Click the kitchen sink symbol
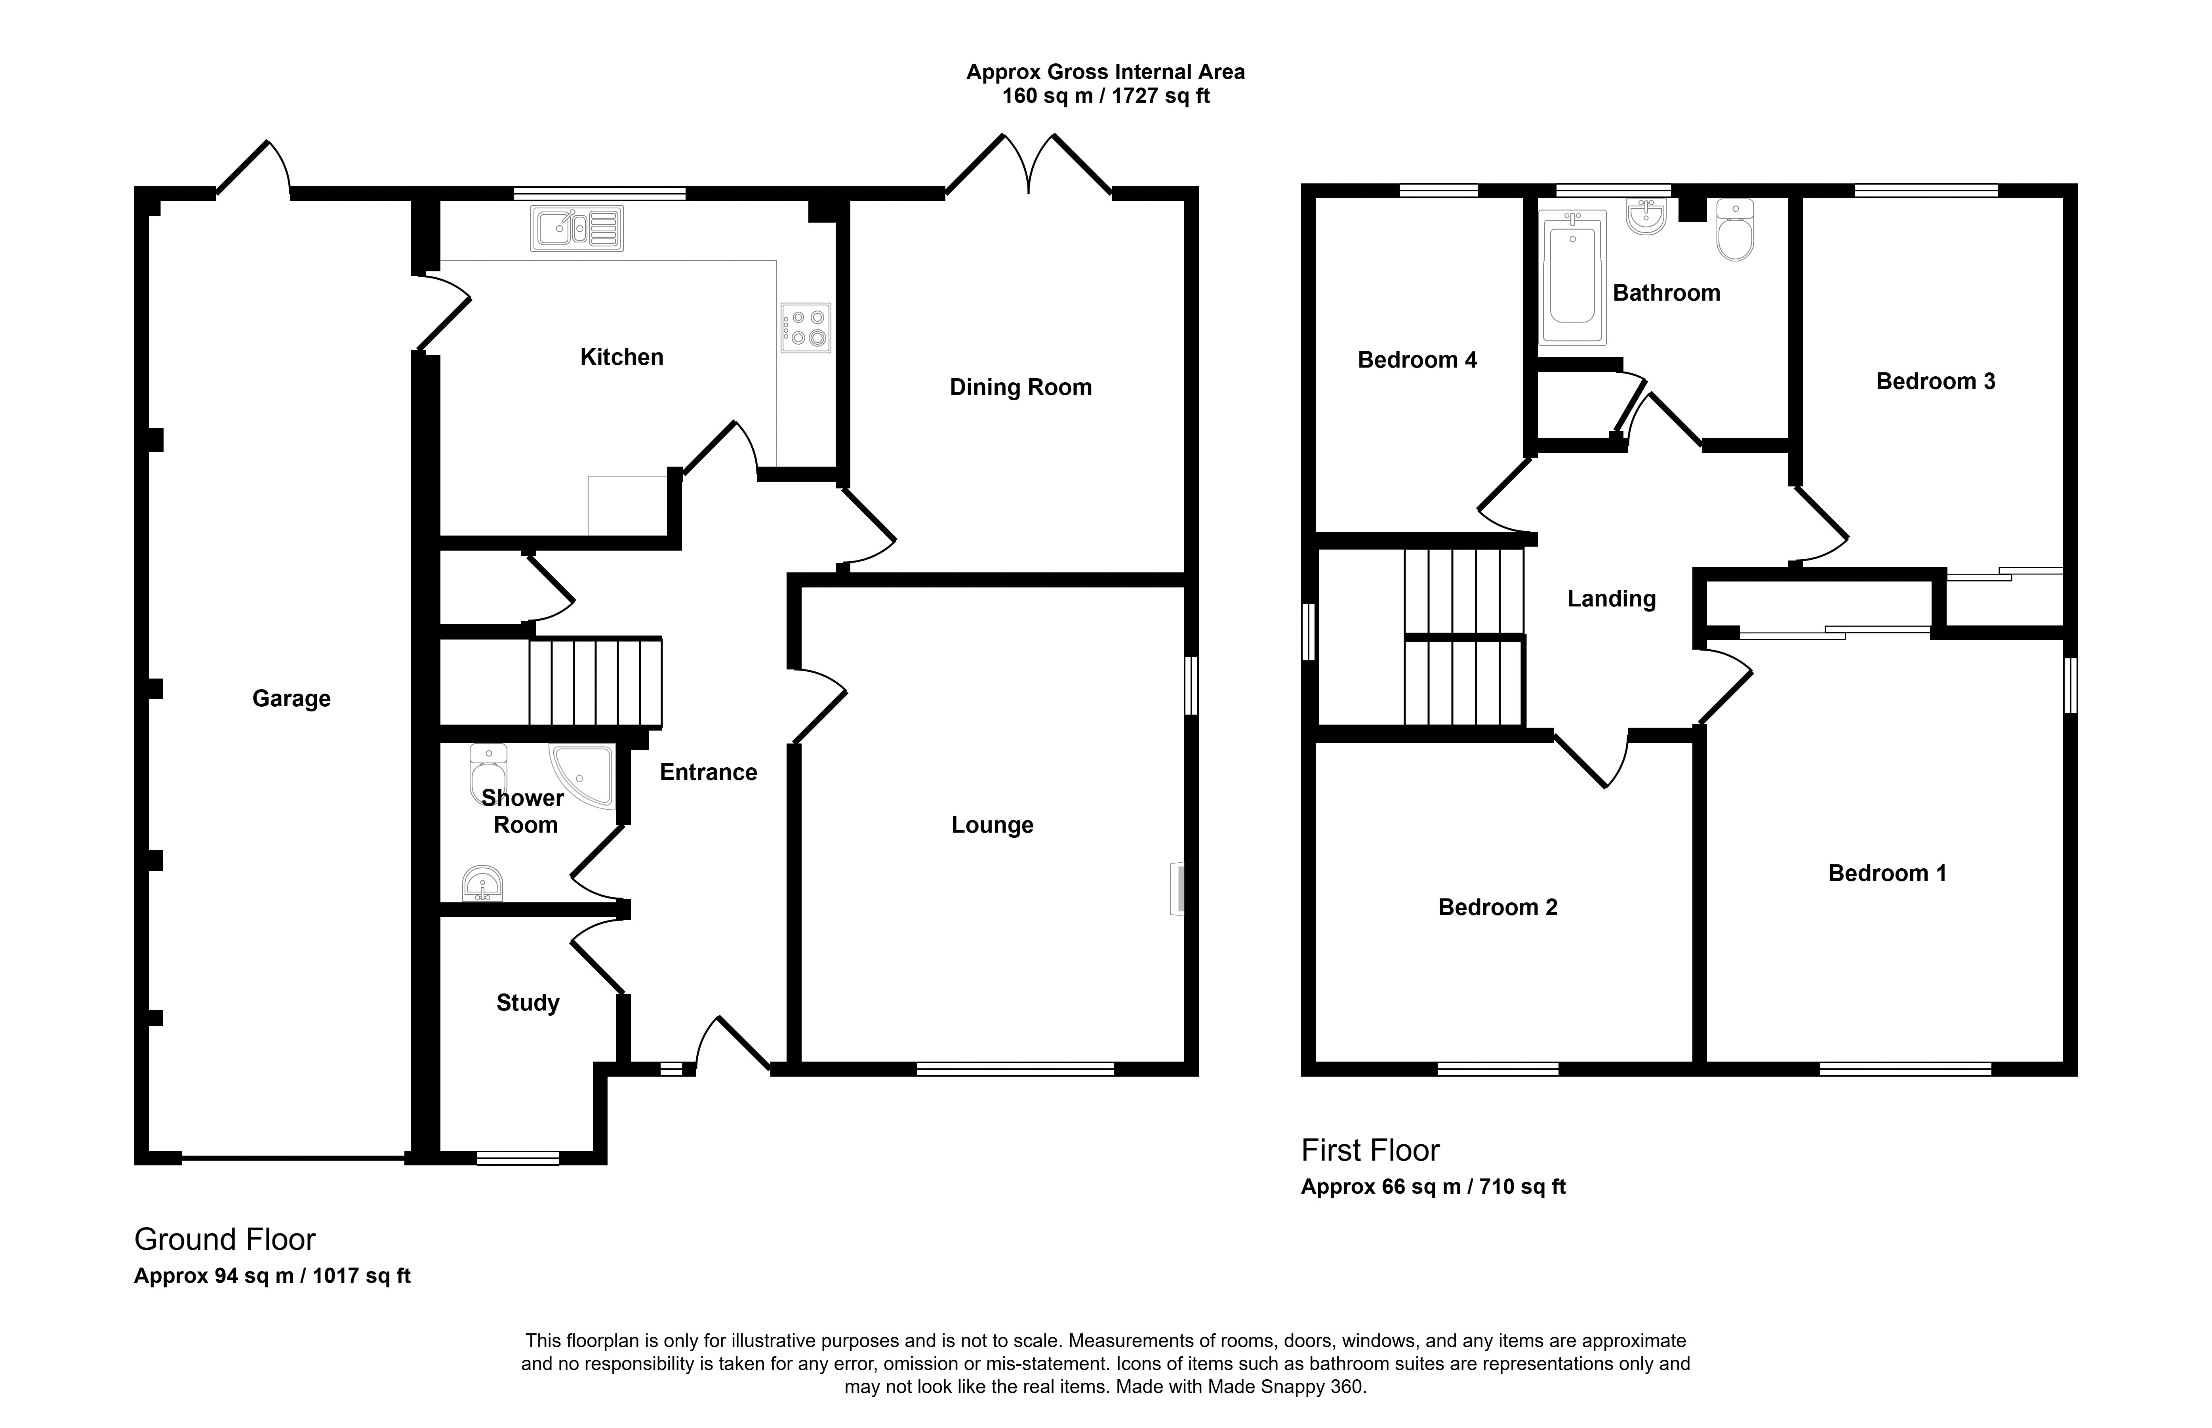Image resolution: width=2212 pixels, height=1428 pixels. click(x=577, y=228)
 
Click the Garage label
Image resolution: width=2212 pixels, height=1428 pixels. click(x=291, y=698)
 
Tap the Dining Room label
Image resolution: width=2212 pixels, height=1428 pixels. click(x=1021, y=387)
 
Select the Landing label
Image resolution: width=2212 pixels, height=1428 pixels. click(x=1611, y=599)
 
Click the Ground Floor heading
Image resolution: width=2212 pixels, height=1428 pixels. click(x=225, y=1240)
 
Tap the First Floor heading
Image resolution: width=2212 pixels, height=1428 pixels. click(x=1370, y=1151)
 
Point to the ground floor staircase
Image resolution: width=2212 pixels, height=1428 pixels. click(x=595, y=682)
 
